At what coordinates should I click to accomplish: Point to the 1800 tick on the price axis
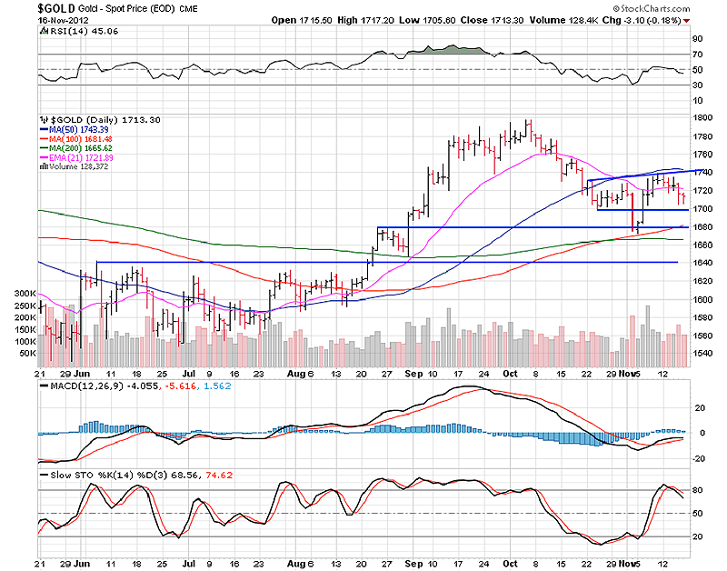point(702,118)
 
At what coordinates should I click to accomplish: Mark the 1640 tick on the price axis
point(702,263)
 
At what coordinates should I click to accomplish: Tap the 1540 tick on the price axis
point(702,353)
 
